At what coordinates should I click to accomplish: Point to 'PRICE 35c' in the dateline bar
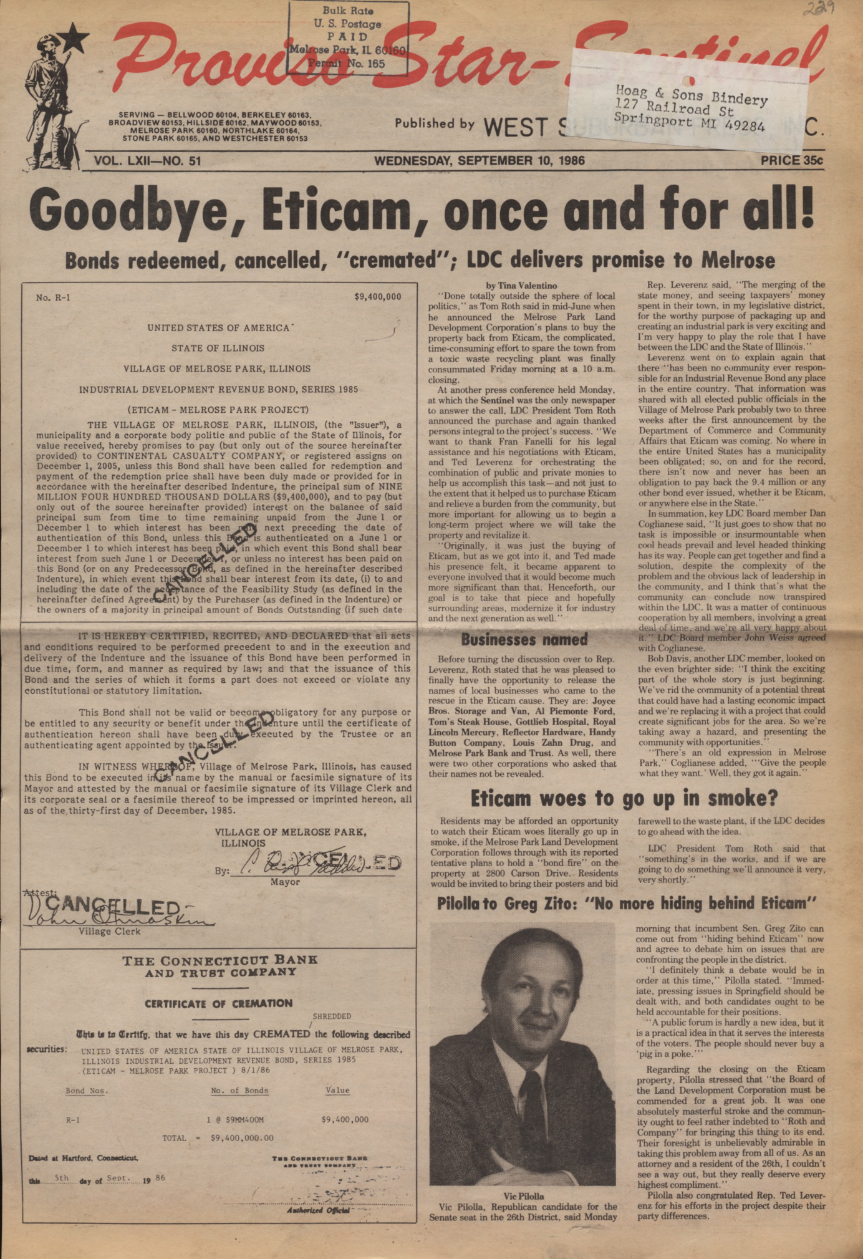[791, 160]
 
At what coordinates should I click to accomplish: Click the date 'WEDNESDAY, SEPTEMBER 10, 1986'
[479, 160]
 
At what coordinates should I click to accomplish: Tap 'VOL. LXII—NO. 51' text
[148, 161]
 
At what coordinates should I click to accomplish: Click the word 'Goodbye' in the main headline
[128, 211]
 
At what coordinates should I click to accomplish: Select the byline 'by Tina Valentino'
[521, 286]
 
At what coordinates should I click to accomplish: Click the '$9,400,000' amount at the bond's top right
[378, 297]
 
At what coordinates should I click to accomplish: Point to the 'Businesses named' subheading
[524, 640]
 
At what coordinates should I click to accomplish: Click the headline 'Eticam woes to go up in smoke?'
[624, 798]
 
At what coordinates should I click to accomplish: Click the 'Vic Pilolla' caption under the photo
[523, 1196]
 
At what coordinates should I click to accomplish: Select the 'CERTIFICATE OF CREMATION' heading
[218, 1003]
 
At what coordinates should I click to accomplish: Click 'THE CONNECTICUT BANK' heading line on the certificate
[219, 961]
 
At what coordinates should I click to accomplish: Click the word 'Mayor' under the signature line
[285, 882]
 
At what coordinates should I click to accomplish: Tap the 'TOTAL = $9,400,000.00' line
[218, 1138]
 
